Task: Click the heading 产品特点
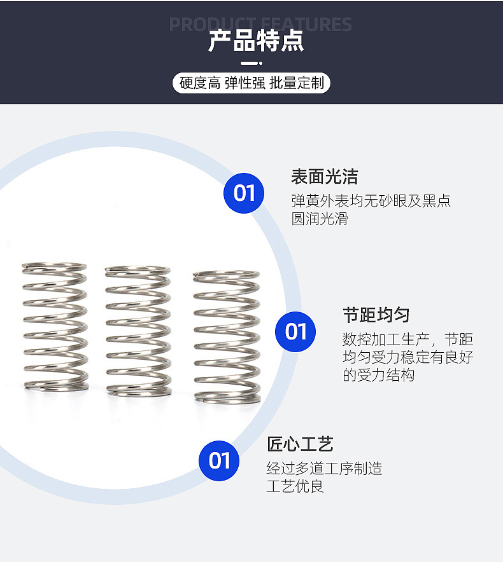tap(256, 41)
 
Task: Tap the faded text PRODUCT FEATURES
tap(260, 24)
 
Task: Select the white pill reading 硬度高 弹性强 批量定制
tap(251, 83)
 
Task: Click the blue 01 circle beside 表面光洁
tap(244, 193)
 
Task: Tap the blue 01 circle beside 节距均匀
tap(295, 331)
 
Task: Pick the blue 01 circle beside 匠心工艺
tap(219, 460)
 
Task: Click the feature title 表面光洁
tap(325, 177)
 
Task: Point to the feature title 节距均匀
tap(376, 315)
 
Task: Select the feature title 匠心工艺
tap(300, 444)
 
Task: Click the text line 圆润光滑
tap(320, 219)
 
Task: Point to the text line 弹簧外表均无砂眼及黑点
tap(371, 201)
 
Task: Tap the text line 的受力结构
tap(378, 375)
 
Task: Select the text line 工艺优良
tap(295, 486)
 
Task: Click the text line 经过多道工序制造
tap(324, 468)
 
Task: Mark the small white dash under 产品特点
tap(251, 63)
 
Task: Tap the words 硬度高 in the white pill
tap(200, 83)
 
